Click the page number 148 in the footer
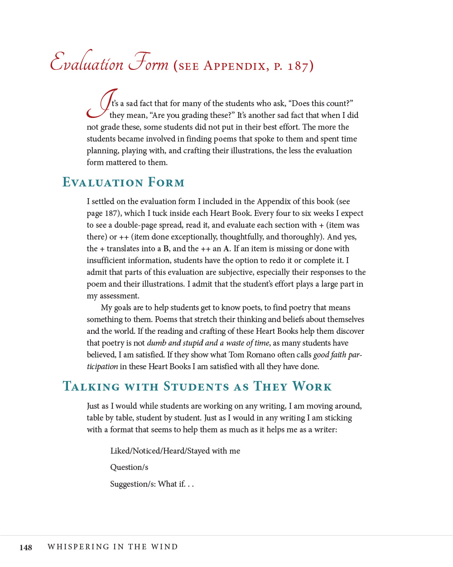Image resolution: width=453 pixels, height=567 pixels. click(x=26, y=547)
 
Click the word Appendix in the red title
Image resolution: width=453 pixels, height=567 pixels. click(x=235, y=66)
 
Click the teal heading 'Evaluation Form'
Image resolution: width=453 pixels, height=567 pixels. click(x=124, y=182)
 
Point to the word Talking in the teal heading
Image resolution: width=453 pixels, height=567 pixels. click(x=92, y=386)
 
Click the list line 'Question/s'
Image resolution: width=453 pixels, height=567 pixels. click(x=129, y=467)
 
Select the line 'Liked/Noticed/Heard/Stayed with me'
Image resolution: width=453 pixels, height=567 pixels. click(x=175, y=451)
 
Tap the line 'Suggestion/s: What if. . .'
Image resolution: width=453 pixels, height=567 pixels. click(x=152, y=484)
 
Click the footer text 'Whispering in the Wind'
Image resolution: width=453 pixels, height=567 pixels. click(x=113, y=547)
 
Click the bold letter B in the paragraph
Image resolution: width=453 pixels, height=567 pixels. click(x=166, y=249)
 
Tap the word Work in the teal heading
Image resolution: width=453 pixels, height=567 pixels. click(x=312, y=386)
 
